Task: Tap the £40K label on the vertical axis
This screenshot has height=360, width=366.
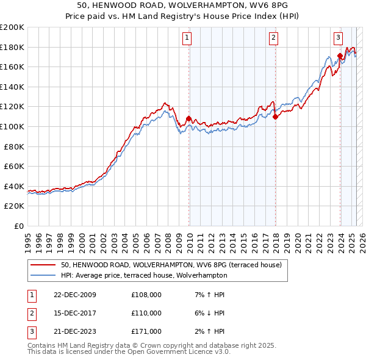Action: click(x=14, y=186)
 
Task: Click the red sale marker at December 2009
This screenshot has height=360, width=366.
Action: click(x=188, y=118)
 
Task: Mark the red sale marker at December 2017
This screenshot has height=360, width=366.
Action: click(x=275, y=117)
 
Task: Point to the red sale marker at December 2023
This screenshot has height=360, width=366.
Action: click(x=340, y=56)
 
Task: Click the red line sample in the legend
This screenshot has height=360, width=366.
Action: click(x=43, y=265)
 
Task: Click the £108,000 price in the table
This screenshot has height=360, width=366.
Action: click(x=146, y=295)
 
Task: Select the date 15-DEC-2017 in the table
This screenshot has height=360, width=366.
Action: click(x=74, y=313)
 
